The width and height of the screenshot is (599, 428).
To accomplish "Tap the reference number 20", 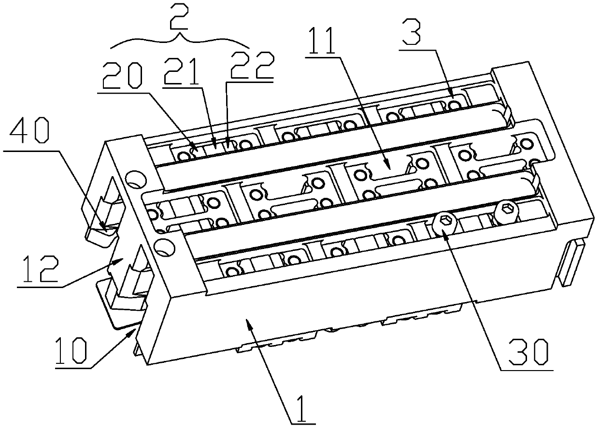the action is click(x=122, y=76).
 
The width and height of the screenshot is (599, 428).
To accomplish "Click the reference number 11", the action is click(x=322, y=41).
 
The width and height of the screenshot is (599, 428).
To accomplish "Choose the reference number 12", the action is click(x=41, y=269).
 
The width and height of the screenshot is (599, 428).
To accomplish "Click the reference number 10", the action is click(x=71, y=350).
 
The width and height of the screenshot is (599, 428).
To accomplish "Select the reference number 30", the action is click(x=528, y=352).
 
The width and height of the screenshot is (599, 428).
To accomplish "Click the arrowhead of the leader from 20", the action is click(x=194, y=148).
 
